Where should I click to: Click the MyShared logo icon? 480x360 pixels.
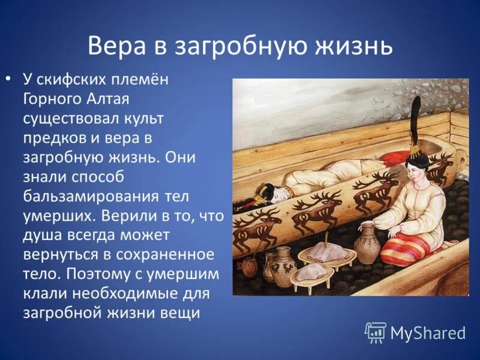[376, 332]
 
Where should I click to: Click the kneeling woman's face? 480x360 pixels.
[416, 167]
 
